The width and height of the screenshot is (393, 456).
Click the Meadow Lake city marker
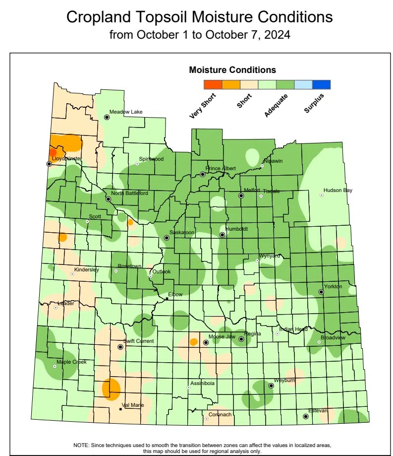point(107,118)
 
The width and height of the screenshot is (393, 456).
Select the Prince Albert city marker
point(202,174)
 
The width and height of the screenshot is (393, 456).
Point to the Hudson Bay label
point(338,190)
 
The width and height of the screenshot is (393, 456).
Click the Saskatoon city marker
point(167,238)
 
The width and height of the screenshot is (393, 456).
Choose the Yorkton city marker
point(321,292)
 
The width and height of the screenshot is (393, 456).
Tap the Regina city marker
point(241,339)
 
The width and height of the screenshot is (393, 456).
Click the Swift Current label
point(139,341)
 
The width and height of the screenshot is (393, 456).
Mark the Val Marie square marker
point(120,410)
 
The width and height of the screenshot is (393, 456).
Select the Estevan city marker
point(305,417)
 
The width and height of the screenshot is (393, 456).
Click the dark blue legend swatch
point(321,85)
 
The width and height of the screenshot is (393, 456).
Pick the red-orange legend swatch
point(213,85)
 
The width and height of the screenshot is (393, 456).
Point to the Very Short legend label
point(200,106)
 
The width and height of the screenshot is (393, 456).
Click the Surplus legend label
point(314,103)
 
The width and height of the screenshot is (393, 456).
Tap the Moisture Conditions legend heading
point(232,70)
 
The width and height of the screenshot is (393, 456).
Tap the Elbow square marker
point(167,299)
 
